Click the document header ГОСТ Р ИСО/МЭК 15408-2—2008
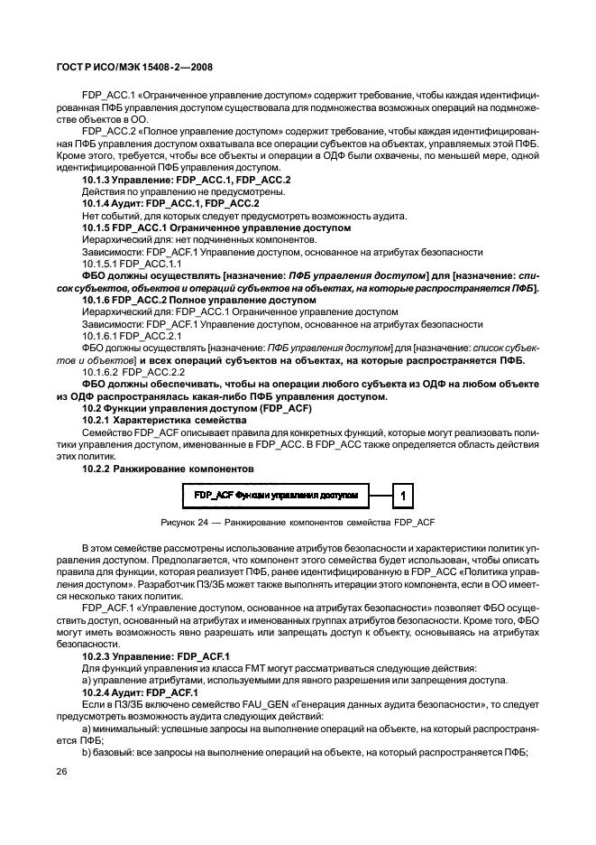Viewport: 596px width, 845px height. pyautogui.click(x=138, y=67)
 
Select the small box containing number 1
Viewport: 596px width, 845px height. pyautogui.click(x=406, y=495)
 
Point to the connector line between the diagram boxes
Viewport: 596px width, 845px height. pyautogui.click(x=381, y=495)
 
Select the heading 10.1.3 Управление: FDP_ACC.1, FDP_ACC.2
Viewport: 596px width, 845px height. pyautogui.click(x=186, y=180)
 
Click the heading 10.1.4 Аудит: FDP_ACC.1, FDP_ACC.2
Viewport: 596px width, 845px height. pyautogui.click(x=171, y=203)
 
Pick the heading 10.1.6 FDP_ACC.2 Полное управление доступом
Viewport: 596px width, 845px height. pyautogui.click(x=198, y=299)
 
